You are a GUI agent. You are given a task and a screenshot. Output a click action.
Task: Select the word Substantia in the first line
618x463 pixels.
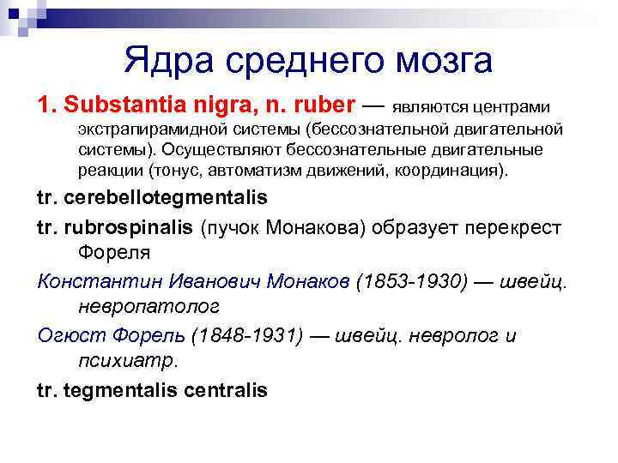pos(113,105)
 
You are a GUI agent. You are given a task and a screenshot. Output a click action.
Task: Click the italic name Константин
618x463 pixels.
pos(92,280)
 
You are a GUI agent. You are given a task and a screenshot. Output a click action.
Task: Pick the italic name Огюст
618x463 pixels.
pos(64,334)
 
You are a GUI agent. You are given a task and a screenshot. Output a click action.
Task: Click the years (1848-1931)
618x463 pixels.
pos(248,334)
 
